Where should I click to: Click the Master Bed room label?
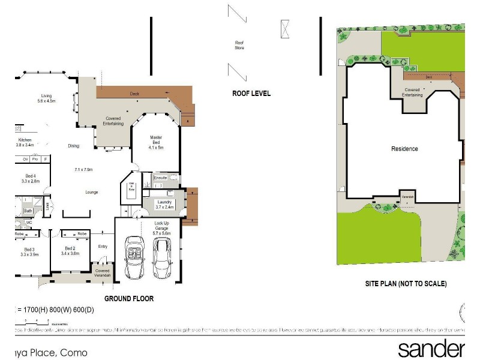pyautogui.click(x=156, y=142)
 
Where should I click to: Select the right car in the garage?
pyautogui.click(x=162, y=254)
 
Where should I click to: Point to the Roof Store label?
pyautogui.click(x=239, y=45)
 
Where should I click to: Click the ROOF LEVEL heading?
pyautogui.click(x=251, y=94)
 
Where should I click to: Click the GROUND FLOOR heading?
pyautogui.click(x=129, y=298)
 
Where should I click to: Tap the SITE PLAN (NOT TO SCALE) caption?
pyautogui.click(x=406, y=284)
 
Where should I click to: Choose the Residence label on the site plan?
pyautogui.click(x=404, y=149)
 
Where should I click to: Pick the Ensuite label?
pyautogui.click(x=160, y=178)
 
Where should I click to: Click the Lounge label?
pyautogui.click(x=91, y=192)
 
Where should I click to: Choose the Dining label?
pyautogui.click(x=73, y=146)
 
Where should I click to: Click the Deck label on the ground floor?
pyautogui.click(x=134, y=94)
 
